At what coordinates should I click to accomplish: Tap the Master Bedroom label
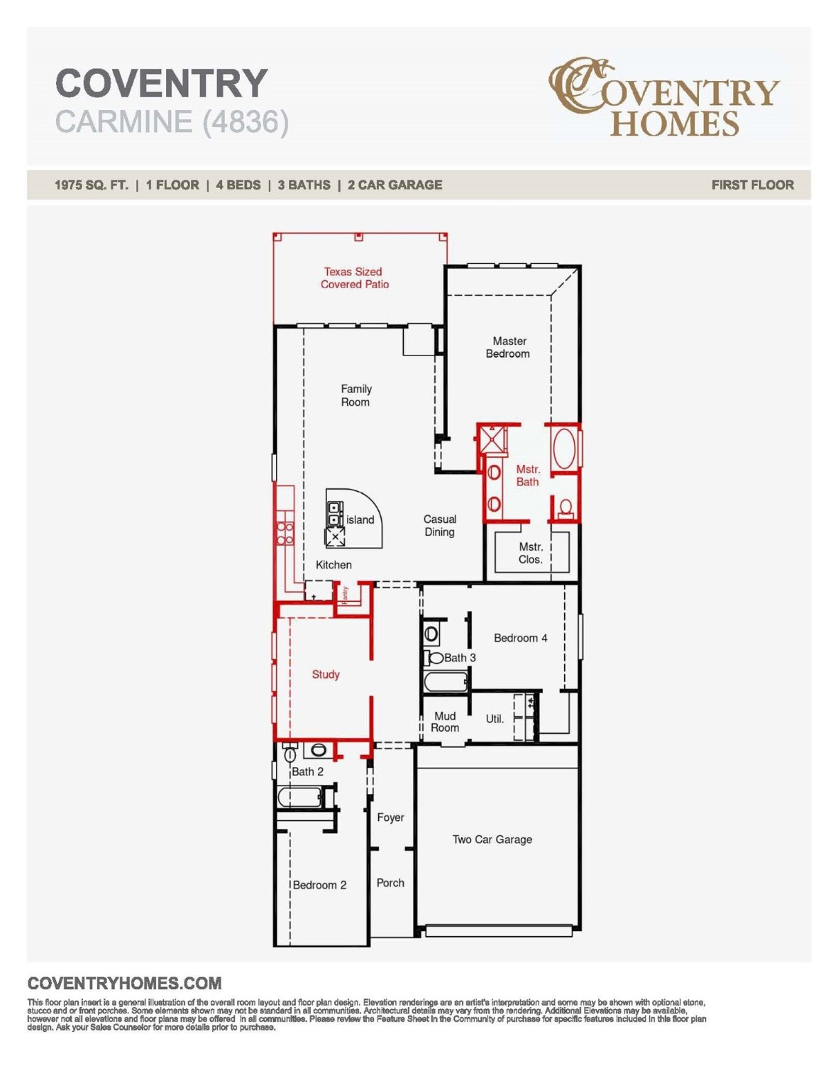[508, 347]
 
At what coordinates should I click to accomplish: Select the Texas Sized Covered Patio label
[354, 277]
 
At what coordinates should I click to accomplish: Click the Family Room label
[355, 395]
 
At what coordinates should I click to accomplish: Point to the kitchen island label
[360, 520]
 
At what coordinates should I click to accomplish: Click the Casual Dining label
[439, 525]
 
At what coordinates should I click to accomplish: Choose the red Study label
[326, 674]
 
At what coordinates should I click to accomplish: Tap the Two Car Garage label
[492, 839]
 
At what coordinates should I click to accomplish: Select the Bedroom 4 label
[520, 638]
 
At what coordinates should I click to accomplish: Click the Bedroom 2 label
[319, 885]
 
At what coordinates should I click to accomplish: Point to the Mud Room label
[445, 722]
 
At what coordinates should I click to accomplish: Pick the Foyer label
[390, 817]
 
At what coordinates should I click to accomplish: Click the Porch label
[390, 883]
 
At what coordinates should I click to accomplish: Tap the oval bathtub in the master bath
[565, 448]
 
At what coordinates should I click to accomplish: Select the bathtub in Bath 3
[445, 682]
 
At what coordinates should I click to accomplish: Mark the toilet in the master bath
[566, 508]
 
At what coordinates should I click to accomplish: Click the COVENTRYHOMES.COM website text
[124, 984]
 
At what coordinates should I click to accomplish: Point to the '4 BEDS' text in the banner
[238, 185]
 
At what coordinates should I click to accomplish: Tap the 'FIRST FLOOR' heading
[752, 185]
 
